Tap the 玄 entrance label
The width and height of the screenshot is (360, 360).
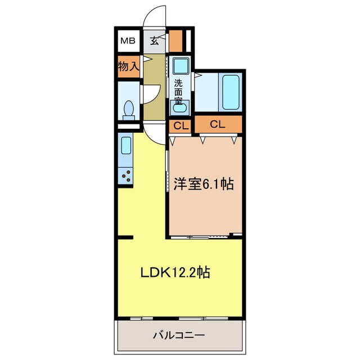tap(155, 40)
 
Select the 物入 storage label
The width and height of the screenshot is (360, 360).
tap(128, 66)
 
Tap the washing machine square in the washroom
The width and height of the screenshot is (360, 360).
tap(180, 67)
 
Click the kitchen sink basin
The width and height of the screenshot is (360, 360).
tap(126, 146)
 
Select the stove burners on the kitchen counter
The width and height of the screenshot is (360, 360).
tap(126, 176)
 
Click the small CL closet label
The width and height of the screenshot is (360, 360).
tap(180, 125)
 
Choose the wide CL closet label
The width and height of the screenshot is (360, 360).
tap(218, 124)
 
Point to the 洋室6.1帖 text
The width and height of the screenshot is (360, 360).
tap(204, 184)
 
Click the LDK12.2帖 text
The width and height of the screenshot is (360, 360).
tap(175, 273)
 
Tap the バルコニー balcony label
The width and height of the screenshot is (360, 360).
tap(179, 336)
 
